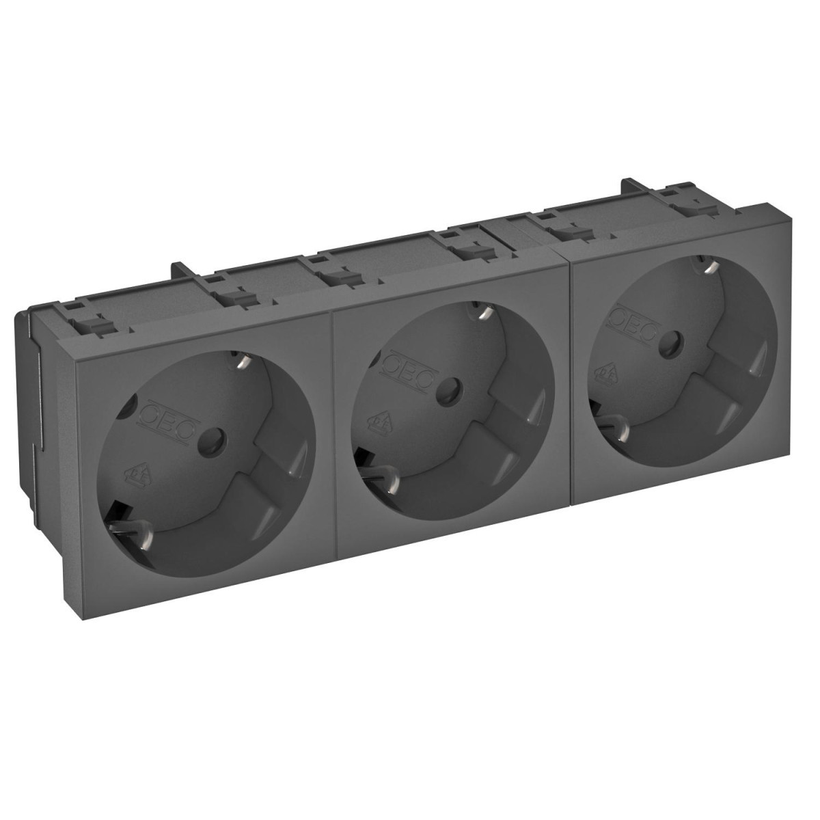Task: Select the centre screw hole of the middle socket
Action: coord(449,390)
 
